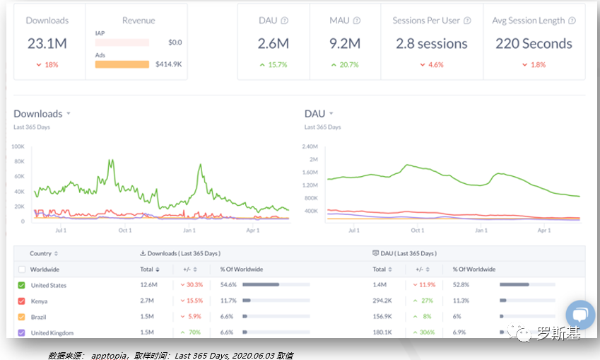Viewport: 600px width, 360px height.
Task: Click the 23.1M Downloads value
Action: [x=47, y=44]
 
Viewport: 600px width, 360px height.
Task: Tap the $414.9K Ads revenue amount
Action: [x=169, y=64]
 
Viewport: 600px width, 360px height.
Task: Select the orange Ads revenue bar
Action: [x=122, y=64]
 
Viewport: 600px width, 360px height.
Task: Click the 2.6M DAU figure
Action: [x=273, y=44]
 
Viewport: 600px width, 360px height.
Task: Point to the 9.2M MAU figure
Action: [x=345, y=44]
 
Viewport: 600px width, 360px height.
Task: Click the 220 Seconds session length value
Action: [x=534, y=44]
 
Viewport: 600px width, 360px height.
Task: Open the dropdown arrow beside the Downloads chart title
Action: [x=69, y=114]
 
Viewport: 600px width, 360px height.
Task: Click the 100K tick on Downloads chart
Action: [x=18, y=146]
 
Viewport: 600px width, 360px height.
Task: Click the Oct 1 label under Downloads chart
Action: [x=125, y=231]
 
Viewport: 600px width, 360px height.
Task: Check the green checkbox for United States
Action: [x=21, y=285]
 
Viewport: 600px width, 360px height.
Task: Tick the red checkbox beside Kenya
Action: [x=21, y=301]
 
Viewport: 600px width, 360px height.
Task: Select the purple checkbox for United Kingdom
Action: [x=21, y=332]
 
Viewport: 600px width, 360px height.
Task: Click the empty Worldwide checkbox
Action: [x=21, y=269]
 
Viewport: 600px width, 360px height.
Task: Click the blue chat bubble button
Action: [x=580, y=315]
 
